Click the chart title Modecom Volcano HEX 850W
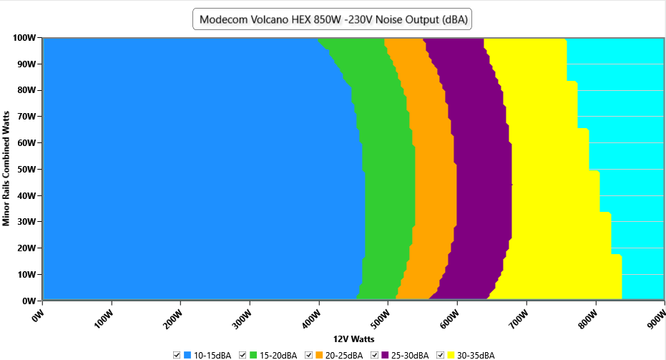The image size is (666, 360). point(333,19)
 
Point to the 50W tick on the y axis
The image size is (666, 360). point(26,169)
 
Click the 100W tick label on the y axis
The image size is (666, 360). point(25,37)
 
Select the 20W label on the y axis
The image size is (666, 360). point(26,248)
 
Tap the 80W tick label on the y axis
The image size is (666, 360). point(26,90)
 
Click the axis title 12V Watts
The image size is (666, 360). point(353,339)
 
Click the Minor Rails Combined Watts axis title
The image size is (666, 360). point(6,169)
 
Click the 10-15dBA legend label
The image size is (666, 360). point(213,355)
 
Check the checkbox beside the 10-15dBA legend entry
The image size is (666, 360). point(177,355)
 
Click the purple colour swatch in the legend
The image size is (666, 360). point(386,355)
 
